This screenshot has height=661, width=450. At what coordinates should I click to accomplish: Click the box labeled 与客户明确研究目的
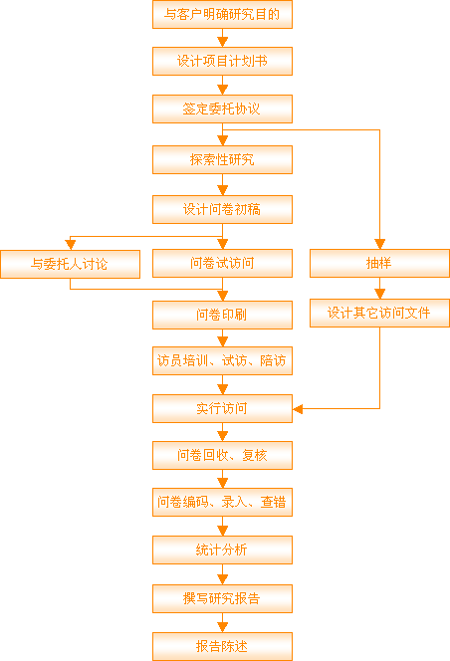click(222, 14)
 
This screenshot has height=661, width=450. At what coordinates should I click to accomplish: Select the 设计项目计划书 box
click(222, 61)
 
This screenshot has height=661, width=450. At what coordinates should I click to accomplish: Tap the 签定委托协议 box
click(222, 109)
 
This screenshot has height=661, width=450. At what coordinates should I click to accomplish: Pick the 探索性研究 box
click(222, 159)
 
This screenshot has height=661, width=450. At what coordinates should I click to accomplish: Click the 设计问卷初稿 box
click(222, 209)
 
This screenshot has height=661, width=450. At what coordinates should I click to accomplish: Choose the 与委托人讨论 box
click(70, 265)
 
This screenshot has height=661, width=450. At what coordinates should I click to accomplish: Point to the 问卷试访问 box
click(222, 264)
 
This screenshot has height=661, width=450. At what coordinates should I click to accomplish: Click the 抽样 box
click(379, 264)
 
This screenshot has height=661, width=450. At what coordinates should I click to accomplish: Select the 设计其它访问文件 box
click(379, 314)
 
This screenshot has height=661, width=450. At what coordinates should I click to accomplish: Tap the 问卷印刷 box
click(222, 315)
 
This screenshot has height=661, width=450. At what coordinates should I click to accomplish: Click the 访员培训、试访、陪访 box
click(222, 360)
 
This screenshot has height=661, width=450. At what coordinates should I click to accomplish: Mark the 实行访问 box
click(222, 408)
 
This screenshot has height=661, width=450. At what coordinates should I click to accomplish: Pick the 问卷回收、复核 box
click(222, 455)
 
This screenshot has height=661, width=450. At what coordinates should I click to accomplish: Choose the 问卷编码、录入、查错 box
click(222, 502)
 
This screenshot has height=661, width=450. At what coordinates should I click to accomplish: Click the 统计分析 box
click(222, 551)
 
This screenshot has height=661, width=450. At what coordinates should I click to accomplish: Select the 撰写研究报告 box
click(222, 598)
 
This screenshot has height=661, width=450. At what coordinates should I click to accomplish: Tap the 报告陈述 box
click(222, 646)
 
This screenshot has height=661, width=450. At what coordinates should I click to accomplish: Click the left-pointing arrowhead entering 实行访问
click(298, 409)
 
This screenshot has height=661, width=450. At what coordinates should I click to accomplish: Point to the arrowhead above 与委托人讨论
click(70, 245)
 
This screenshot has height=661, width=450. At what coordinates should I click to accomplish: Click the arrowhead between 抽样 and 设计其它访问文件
click(379, 294)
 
